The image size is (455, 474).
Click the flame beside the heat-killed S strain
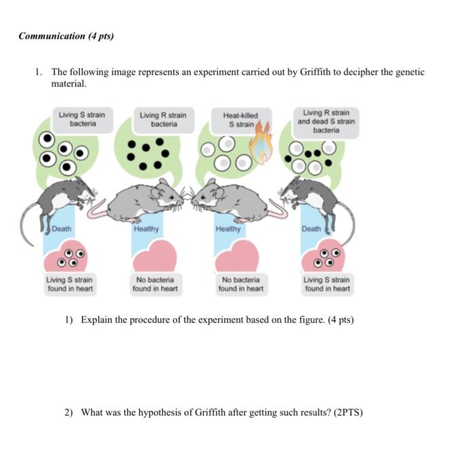coord(261,142)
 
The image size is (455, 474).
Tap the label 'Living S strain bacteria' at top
coord(82,119)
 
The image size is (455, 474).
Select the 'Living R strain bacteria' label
coord(163,120)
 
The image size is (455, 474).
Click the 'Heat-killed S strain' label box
coord(240,120)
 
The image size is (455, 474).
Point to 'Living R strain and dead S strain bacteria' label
coord(326,122)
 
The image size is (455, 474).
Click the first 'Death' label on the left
coord(62,229)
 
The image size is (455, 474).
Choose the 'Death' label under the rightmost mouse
coord(311,229)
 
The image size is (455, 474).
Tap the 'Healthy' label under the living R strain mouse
coord(146,229)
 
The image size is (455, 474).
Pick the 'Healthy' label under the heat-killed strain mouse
coord(228,229)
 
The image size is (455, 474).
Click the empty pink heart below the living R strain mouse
coord(155,256)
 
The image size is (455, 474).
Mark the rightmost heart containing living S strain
coord(324,256)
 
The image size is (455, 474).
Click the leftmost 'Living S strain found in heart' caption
coord(70,284)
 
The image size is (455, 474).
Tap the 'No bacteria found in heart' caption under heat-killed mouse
coord(241,284)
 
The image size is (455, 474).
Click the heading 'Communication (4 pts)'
coord(66,36)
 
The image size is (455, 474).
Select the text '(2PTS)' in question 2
coord(348,412)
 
